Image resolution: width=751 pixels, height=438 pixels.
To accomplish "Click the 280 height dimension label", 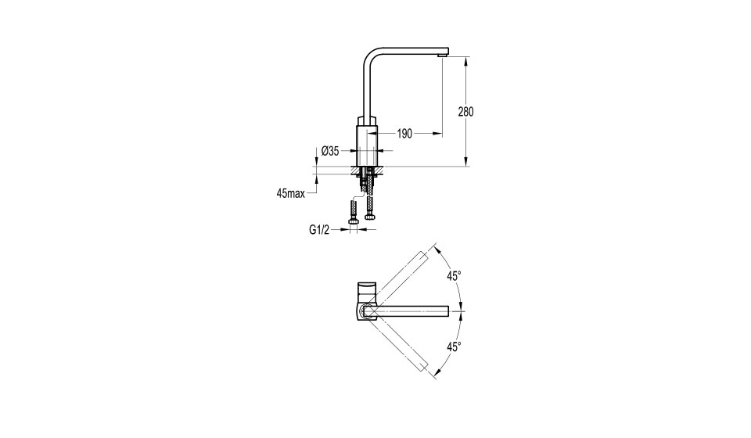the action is pyautogui.click(x=465, y=112).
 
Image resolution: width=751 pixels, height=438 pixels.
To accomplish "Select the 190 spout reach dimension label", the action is pyautogui.click(x=404, y=134).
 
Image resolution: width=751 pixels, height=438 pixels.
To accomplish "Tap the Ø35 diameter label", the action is pyautogui.click(x=330, y=151).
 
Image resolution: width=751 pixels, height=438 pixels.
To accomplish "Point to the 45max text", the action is pyautogui.click(x=291, y=193).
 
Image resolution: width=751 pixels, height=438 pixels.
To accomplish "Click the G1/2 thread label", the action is pyautogui.click(x=319, y=230).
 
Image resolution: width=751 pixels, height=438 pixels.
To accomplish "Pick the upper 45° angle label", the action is pyautogui.click(x=454, y=276).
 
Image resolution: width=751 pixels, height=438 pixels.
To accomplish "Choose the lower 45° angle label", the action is pyautogui.click(x=454, y=347).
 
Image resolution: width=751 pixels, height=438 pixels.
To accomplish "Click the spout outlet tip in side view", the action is pyautogui.click(x=443, y=56).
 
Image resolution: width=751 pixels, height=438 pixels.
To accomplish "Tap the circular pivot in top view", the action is pyautogui.click(x=368, y=311).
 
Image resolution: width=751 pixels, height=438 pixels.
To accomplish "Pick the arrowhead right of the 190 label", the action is pyautogui.click(x=438, y=134).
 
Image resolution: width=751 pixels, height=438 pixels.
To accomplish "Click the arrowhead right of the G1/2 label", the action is pyautogui.click(x=361, y=230).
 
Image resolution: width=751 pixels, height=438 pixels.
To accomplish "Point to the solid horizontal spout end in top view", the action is pyautogui.click(x=447, y=311).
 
